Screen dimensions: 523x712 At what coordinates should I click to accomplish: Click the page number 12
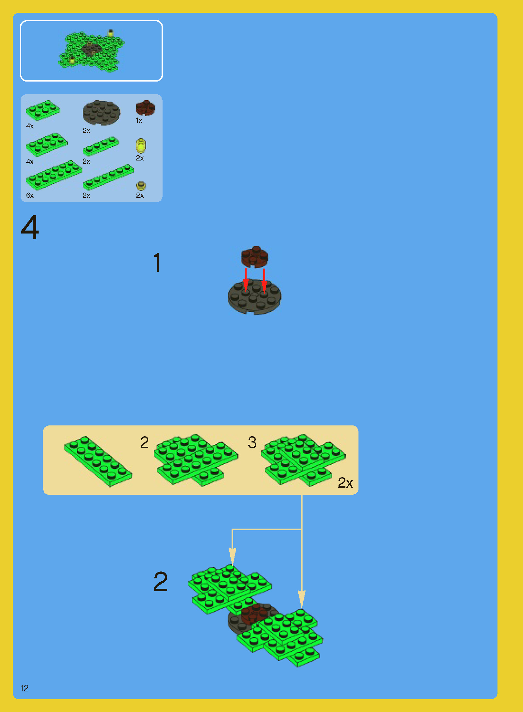pos(25,688)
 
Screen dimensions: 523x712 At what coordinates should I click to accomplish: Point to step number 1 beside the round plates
pos(157,262)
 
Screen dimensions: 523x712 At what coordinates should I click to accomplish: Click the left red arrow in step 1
pos(246,280)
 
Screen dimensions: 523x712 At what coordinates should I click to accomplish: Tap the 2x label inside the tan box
pos(345,483)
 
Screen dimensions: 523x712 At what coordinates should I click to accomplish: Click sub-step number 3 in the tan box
pos(252,442)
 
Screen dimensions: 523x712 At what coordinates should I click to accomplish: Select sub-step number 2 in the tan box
pos(145,442)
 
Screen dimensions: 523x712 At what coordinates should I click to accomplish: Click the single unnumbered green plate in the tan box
pos(98,461)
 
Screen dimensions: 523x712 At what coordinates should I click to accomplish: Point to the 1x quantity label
pos(139,121)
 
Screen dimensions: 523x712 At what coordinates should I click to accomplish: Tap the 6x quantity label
pos(30,195)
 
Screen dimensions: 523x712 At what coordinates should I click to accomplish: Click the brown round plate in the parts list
pos(146,108)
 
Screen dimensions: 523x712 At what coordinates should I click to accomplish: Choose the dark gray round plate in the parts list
pos(101,113)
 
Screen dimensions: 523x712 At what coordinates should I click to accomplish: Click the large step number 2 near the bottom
pos(161,582)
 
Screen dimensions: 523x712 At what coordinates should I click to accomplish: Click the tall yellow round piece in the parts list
pos(141,146)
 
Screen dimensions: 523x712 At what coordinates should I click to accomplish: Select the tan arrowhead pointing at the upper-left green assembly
pos(232,556)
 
